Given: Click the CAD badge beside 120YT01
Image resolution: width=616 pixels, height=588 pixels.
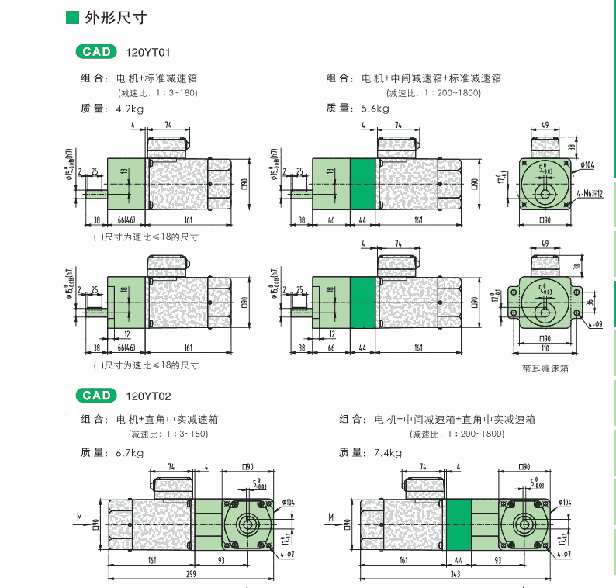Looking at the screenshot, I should tap(97, 52).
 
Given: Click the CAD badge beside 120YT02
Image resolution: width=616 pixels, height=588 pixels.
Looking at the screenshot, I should tap(97, 396).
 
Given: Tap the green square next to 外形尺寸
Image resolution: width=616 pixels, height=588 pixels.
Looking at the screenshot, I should tap(72, 17).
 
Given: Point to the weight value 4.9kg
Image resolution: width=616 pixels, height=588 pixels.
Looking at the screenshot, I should tap(130, 109).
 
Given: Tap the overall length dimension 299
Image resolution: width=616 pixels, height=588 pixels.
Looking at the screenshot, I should tap(190, 574).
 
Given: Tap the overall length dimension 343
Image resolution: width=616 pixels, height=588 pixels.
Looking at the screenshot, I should tap(458, 574).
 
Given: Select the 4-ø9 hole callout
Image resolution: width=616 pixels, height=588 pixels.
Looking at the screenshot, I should tap(594, 324).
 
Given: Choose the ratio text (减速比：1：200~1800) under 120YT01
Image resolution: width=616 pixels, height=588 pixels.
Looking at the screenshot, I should tap(434, 93).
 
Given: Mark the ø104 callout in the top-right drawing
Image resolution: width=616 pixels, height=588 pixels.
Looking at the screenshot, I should tap(587, 164).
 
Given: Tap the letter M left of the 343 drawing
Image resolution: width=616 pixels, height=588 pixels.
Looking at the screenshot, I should tap(330, 516).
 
